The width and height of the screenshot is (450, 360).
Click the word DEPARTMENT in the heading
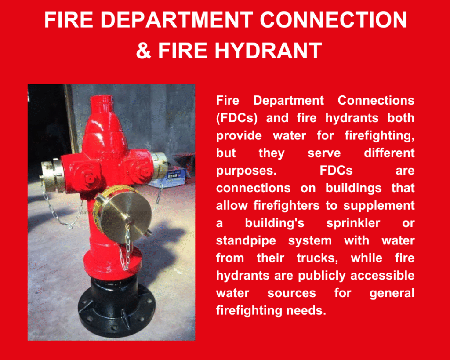(x=177, y=20)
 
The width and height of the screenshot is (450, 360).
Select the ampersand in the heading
(x=144, y=51)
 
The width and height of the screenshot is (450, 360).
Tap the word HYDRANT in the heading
(x=269, y=51)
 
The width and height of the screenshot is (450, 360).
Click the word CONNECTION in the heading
(x=334, y=20)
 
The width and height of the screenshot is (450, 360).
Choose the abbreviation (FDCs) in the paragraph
(x=236, y=118)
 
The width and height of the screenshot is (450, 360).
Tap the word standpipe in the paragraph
(x=246, y=241)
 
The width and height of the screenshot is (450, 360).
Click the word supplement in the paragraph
(x=379, y=206)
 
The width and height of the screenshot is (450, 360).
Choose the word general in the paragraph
(x=392, y=293)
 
